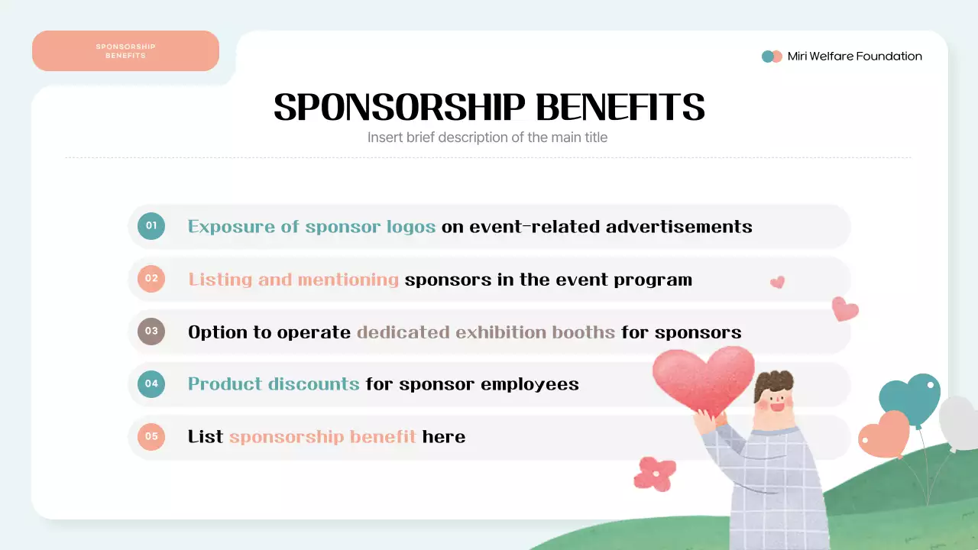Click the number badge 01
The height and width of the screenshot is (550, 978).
pos(151,226)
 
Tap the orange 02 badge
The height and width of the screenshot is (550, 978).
pos(151,279)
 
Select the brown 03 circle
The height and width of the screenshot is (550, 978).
pos(151,332)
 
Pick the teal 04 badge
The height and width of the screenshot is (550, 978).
pos(151,383)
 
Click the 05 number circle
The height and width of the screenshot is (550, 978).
pos(151,436)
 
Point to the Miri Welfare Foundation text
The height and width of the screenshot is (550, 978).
pos(854,57)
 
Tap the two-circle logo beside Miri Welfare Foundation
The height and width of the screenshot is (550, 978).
pos(772,57)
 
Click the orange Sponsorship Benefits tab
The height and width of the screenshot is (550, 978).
pos(125,51)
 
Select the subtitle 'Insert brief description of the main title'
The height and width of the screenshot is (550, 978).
pos(487,137)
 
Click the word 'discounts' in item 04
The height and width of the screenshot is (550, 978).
pos(316,384)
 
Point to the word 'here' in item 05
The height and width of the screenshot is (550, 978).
pos(444,437)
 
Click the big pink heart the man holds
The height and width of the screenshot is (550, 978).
pos(703,378)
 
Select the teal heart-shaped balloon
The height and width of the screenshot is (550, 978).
pos(910,397)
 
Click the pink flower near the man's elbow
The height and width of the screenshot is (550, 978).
pos(655,473)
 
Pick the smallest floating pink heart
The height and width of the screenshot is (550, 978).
pos(777,282)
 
